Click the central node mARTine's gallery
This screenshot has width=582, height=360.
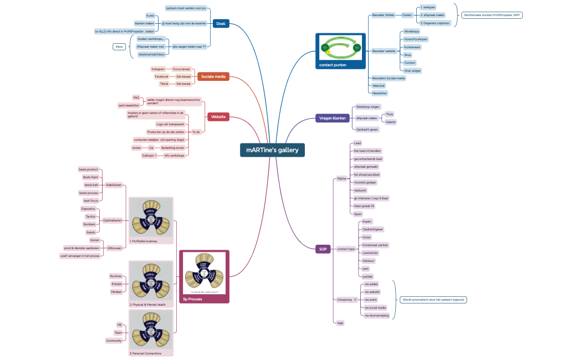(x=272, y=150)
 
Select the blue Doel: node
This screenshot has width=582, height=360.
(x=221, y=24)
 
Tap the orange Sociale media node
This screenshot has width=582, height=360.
(x=213, y=76)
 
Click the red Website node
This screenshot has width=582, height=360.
(x=218, y=117)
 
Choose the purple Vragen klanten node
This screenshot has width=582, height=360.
(x=333, y=118)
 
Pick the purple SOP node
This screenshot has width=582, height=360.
(x=323, y=249)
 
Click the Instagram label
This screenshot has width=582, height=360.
(x=158, y=69)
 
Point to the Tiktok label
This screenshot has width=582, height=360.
(x=164, y=84)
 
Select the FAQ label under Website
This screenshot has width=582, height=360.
(x=136, y=97)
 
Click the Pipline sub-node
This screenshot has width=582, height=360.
(x=341, y=178)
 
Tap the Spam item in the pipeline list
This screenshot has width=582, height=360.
(x=358, y=213)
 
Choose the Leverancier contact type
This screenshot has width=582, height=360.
(x=370, y=252)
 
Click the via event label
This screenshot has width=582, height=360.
(x=371, y=299)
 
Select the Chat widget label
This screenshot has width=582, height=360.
(x=412, y=70)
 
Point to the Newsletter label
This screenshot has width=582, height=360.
(x=380, y=93)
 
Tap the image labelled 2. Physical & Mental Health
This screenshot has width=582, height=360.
(x=151, y=281)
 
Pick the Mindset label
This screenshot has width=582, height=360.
(x=116, y=291)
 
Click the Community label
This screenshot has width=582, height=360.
(x=114, y=341)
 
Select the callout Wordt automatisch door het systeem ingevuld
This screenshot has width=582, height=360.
(x=433, y=300)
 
